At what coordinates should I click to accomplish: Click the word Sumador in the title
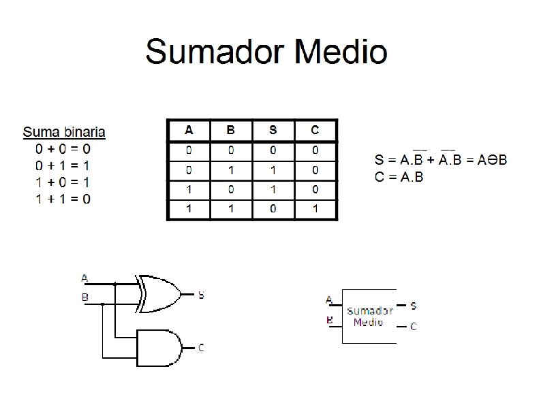[x=216, y=52]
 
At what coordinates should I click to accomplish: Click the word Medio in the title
[x=341, y=52]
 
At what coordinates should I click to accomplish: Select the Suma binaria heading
[x=64, y=131]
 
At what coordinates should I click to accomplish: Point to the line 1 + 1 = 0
[x=63, y=199]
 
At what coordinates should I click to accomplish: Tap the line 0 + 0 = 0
[x=63, y=148]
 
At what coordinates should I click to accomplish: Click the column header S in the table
[x=273, y=130]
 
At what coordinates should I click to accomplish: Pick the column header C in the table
[x=315, y=130]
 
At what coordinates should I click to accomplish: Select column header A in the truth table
[x=188, y=130]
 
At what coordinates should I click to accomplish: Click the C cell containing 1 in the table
[x=315, y=208]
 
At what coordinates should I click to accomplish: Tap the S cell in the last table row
[x=273, y=208]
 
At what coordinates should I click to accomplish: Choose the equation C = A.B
[x=399, y=177]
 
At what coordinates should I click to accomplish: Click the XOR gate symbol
[x=159, y=294]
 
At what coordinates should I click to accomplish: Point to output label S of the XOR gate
[x=201, y=295]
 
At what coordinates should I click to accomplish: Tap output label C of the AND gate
[x=201, y=348]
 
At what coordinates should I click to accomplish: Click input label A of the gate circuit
[x=84, y=278]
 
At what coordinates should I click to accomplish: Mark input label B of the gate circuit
[x=84, y=297]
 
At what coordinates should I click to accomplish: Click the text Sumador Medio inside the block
[x=369, y=317]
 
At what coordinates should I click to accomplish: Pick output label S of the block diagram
[x=414, y=307]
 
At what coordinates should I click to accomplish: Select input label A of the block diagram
[x=329, y=299]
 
